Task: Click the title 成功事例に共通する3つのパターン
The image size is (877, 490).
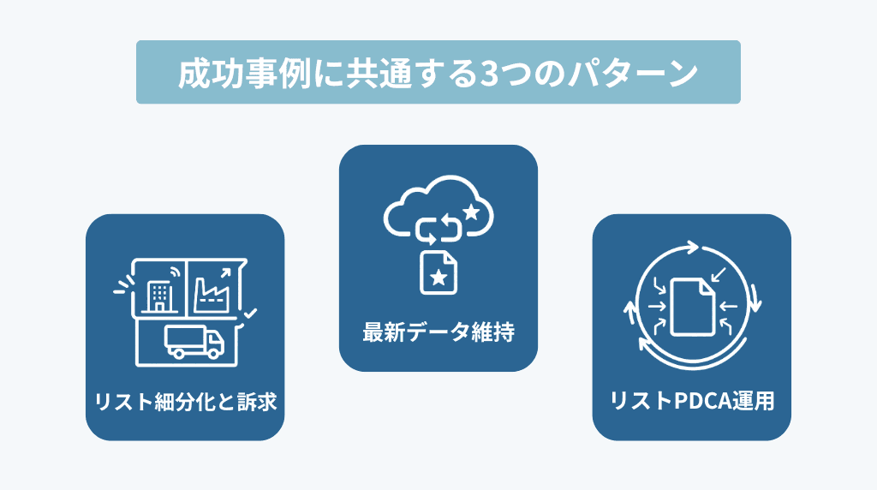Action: pyautogui.click(x=438, y=73)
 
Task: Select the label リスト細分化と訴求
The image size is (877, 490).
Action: pyautogui.click(x=185, y=401)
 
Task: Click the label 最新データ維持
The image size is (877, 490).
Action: pyautogui.click(x=438, y=332)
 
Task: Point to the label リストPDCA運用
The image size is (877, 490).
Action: pyautogui.click(x=691, y=401)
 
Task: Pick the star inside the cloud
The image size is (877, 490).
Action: pyautogui.click(x=470, y=211)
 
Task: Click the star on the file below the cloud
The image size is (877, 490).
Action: pyautogui.click(x=438, y=276)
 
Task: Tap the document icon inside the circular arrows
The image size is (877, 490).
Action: pyautogui.click(x=692, y=306)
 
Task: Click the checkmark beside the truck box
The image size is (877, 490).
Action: pyautogui.click(x=249, y=316)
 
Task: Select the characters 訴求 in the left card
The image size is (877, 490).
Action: pyautogui.click(x=259, y=401)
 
